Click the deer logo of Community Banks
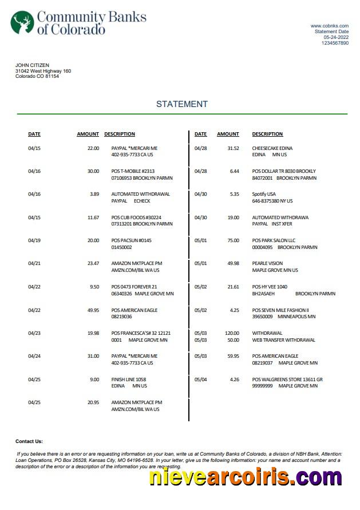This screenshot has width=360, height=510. click(22, 22)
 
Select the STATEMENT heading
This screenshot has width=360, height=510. click(181, 104)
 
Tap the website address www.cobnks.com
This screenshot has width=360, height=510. click(329, 26)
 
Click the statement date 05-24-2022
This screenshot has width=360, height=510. click(335, 37)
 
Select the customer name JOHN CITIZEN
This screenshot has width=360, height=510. click(32, 65)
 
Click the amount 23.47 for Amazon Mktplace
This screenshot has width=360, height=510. click(93, 263)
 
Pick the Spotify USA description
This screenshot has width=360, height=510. click(264, 194)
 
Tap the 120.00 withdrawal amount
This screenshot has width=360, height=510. click(232, 333)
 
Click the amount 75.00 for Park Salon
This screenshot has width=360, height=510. click(233, 240)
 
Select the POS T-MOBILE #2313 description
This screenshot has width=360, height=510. click(133, 171)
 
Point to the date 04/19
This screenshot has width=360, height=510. click(34, 240)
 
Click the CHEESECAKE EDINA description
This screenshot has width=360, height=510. click(272, 148)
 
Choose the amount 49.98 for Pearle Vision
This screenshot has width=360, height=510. click(233, 263)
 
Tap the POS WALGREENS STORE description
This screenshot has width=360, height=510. click(287, 379)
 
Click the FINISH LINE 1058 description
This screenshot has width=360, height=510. click(128, 379)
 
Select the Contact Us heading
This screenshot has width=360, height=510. click(29, 441)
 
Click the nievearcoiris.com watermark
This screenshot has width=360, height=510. click(246, 477)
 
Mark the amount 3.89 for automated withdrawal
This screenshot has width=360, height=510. click(94, 194)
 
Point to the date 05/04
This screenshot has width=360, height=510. click(200, 379)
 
